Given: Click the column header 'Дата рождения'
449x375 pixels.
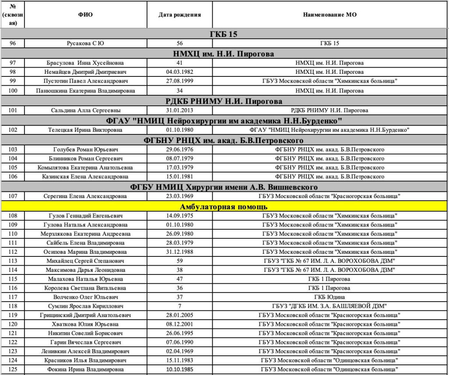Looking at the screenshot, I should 179,14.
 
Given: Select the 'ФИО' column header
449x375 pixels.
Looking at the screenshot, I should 86,14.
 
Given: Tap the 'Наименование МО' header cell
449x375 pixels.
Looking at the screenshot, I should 329,14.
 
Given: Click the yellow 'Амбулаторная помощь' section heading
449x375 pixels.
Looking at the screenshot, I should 224,206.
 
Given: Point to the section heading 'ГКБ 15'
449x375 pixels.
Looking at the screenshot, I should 224,34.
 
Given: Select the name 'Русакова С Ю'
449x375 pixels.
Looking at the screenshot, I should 86,43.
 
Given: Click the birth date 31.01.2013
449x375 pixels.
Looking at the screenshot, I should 179,110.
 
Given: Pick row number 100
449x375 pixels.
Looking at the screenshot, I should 13,90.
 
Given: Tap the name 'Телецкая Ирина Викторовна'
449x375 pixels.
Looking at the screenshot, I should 86,130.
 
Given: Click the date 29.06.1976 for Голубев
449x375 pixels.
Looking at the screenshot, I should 179,150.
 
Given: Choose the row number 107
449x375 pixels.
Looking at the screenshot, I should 13,196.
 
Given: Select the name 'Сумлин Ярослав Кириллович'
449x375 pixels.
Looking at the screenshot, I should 86,306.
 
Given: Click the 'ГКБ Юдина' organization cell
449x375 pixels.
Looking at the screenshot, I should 329,297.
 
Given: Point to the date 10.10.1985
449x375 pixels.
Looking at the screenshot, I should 179,370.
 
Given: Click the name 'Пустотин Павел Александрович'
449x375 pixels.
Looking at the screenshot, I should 86,81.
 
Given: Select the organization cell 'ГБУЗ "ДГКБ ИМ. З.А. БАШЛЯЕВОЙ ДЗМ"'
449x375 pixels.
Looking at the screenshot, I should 329,306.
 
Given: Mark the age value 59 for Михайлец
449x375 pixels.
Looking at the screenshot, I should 179,261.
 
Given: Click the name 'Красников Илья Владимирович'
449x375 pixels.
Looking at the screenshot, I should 86,361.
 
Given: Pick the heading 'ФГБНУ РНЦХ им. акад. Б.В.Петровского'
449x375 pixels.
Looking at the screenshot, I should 224,141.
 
